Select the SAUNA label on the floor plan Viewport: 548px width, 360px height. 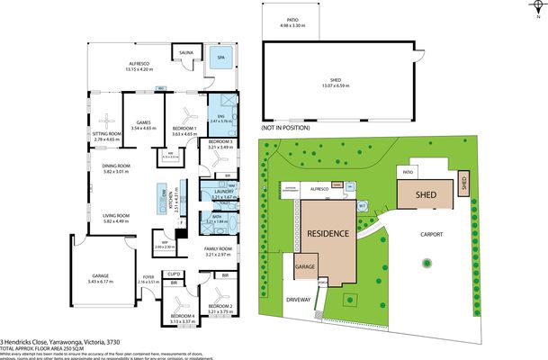[186, 53]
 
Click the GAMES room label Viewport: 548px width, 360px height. [143, 122]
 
